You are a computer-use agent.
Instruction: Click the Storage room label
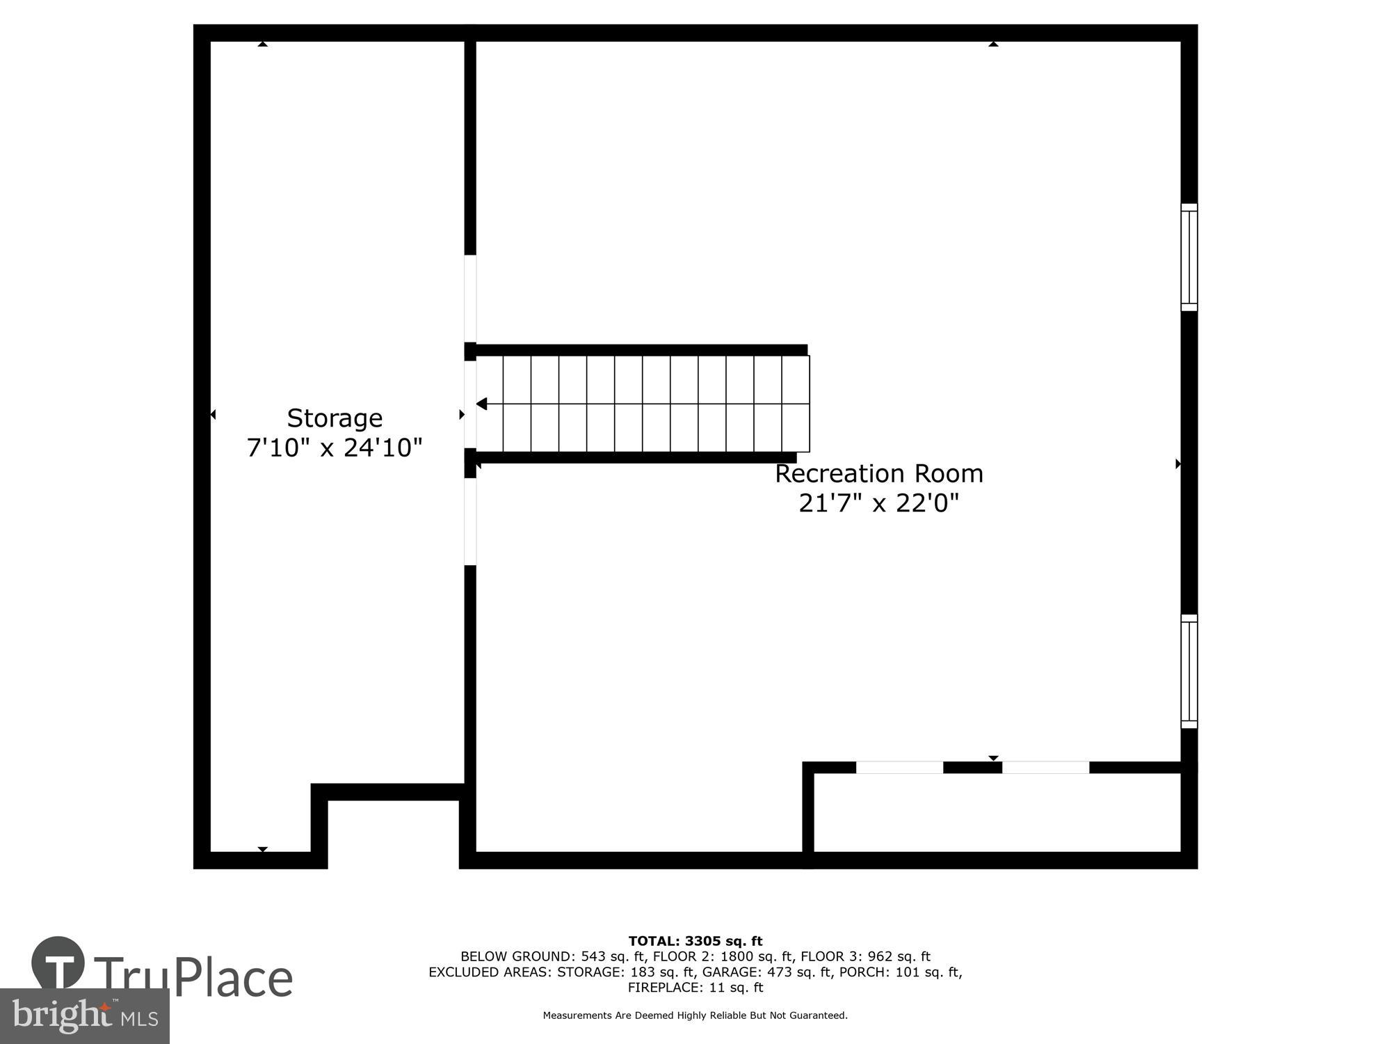pyautogui.click(x=335, y=418)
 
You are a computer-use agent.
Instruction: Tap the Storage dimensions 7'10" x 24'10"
pyautogui.click(x=335, y=448)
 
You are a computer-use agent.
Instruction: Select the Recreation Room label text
pyautogui.click(x=879, y=474)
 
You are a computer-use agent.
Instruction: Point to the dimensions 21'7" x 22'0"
pyautogui.click(x=879, y=503)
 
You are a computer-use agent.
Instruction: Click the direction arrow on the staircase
pyautogui.click(x=481, y=404)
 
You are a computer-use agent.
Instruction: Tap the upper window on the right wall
pyautogui.click(x=1189, y=258)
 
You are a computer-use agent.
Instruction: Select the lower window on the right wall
pyautogui.click(x=1189, y=672)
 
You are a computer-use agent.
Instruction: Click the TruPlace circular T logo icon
pyautogui.click(x=58, y=964)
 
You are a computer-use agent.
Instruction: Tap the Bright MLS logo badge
pyautogui.click(x=84, y=1016)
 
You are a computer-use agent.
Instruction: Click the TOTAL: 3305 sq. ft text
pyautogui.click(x=695, y=942)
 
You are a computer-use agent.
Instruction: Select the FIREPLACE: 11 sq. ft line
pyautogui.click(x=695, y=988)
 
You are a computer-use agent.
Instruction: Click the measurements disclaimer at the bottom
pyautogui.click(x=695, y=1015)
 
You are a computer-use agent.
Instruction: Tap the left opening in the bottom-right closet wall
pyautogui.click(x=899, y=768)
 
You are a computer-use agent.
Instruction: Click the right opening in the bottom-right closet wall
pyautogui.click(x=1045, y=768)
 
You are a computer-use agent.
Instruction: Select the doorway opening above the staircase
pyautogui.click(x=470, y=299)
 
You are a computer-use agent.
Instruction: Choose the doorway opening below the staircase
pyautogui.click(x=470, y=521)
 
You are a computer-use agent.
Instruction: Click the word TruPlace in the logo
pyautogui.click(x=193, y=978)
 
